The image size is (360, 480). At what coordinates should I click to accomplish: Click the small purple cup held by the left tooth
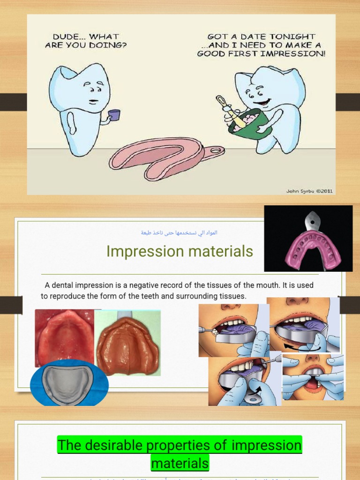[114, 115]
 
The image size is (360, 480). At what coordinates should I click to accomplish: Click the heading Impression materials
[180, 252]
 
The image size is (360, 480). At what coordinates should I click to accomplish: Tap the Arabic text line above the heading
[180, 232]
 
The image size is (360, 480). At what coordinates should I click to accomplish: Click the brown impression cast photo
[127, 345]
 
